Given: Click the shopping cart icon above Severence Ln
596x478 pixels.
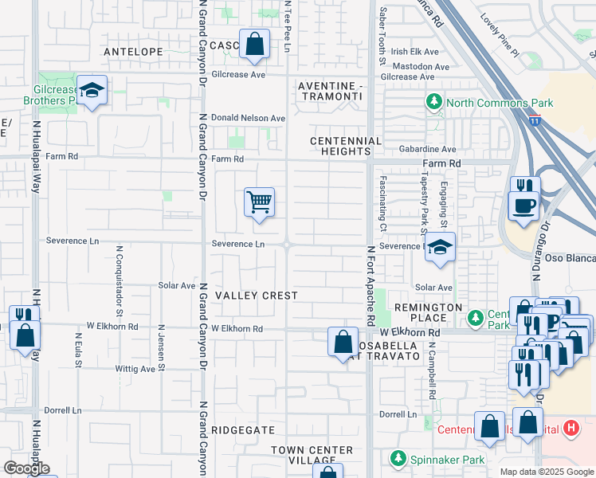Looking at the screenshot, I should point(259,203).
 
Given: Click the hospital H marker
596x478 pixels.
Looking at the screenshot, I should point(570,429).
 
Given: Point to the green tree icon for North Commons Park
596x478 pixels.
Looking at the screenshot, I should point(434,102).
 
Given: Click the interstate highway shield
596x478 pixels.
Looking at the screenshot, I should point(536,120).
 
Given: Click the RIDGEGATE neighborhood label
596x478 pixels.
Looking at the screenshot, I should point(244,429).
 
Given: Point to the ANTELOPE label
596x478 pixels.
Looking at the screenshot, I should point(134,51).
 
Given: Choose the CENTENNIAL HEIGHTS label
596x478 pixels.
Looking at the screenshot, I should point(341,146).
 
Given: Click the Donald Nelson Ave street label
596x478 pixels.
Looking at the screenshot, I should point(248,118).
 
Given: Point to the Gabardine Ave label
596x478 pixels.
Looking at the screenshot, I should point(428,149).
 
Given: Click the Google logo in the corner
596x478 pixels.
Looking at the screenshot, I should point(27,468).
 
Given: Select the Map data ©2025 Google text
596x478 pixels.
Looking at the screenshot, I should point(546,472).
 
